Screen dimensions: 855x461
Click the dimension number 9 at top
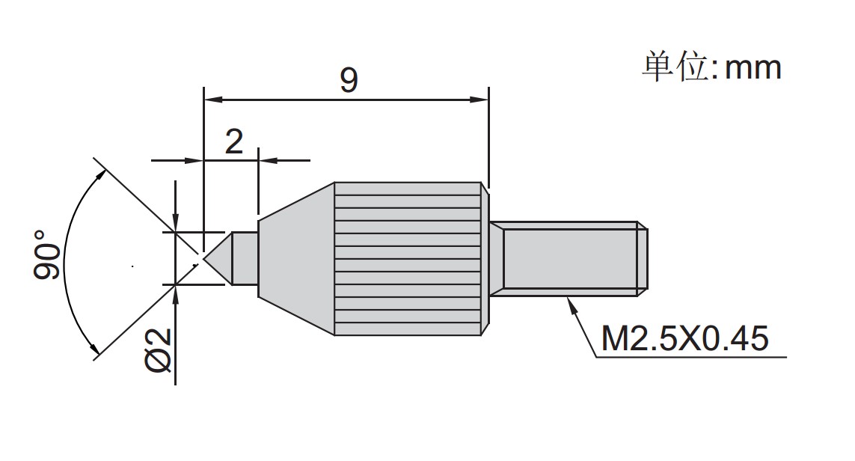(x=349, y=80)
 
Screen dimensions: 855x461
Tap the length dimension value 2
(x=234, y=142)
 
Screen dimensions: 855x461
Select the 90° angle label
(x=47, y=254)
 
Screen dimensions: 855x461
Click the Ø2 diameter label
(x=158, y=351)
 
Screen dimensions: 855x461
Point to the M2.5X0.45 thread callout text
(x=685, y=338)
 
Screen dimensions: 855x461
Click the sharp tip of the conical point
(x=204, y=259)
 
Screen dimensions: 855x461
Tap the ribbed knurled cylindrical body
(x=408, y=259)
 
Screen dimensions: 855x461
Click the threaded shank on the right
(x=569, y=259)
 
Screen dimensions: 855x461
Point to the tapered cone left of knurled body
(x=296, y=259)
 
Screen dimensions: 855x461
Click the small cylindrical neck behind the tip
(x=245, y=259)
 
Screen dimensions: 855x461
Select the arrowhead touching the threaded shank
(x=571, y=305)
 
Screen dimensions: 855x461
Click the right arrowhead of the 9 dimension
(x=479, y=100)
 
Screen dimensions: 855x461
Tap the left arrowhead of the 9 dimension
(x=213, y=100)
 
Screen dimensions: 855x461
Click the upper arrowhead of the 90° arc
(x=99, y=176)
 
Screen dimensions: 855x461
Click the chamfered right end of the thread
(x=643, y=259)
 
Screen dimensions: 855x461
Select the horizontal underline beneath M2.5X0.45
(x=691, y=357)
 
